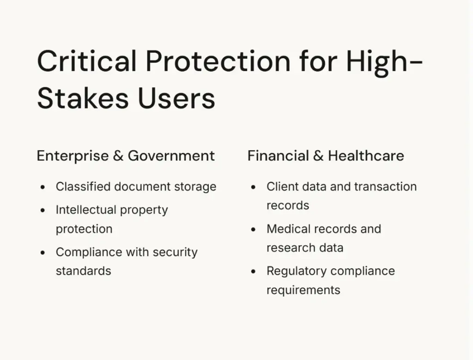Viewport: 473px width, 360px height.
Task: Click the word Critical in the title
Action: point(87,61)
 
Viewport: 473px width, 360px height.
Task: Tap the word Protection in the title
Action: point(218,61)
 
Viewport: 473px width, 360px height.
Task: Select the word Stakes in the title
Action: point(83,98)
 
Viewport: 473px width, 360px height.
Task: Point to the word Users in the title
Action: point(176,98)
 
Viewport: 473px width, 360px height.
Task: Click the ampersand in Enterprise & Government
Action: point(118,156)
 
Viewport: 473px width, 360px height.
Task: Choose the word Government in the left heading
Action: point(171,156)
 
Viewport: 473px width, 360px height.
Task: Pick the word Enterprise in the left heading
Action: point(73,156)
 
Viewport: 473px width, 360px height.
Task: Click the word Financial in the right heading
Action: point(278,156)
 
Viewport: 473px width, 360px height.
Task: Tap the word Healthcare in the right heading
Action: point(366,156)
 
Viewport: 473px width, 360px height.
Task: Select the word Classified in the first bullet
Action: point(83,187)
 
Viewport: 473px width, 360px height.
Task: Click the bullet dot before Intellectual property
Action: point(42,210)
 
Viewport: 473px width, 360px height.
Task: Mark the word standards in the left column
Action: point(84,271)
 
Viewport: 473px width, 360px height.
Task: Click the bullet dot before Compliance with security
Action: point(42,253)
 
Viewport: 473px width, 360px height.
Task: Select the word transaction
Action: point(386,187)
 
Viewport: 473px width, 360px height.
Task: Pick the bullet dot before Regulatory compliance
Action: point(253,272)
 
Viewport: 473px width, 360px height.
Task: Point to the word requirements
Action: point(303,290)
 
